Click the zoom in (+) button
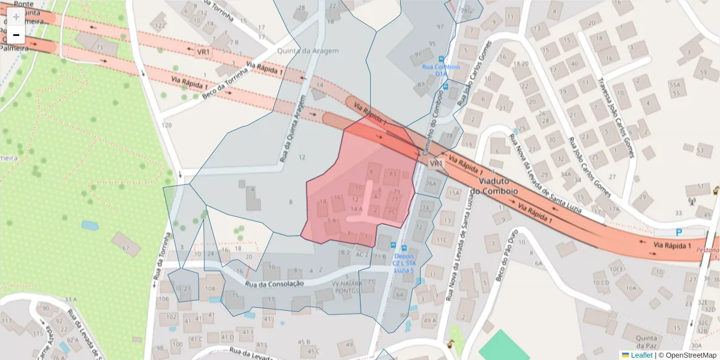(16, 17)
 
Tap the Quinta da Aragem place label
(308, 51)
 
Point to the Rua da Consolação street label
(274, 283)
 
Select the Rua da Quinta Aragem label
(292, 128)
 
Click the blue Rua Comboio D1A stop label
(440, 70)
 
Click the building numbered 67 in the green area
(126, 247)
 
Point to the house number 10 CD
(601, 283)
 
